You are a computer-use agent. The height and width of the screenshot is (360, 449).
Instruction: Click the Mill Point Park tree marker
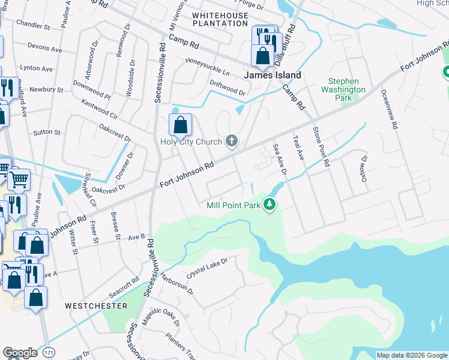click(x=270, y=205)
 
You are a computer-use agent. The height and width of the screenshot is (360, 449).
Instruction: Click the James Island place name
click(x=272, y=76)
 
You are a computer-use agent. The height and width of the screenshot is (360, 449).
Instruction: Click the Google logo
click(x=20, y=353)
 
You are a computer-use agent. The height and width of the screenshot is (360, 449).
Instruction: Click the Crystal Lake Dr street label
click(x=208, y=268)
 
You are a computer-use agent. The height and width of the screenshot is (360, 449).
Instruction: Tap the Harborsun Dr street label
click(x=177, y=283)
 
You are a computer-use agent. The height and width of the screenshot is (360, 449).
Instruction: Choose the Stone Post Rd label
click(x=321, y=146)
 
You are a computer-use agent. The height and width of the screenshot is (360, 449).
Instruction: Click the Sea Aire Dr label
click(x=280, y=159)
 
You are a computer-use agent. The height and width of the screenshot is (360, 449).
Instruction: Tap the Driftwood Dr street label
click(x=228, y=88)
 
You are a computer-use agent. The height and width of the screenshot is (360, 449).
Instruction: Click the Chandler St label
click(x=33, y=26)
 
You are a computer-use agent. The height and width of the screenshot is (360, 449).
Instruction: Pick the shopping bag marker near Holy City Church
click(x=180, y=125)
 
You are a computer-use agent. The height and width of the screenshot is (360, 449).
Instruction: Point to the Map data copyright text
click(x=412, y=355)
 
